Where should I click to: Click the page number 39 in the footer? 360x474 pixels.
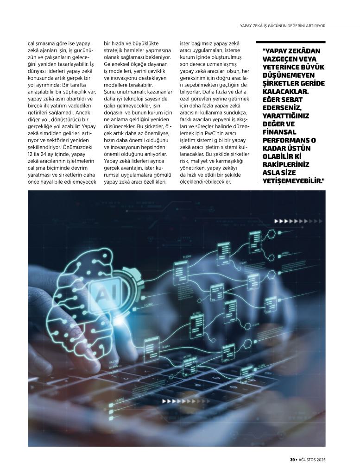pyautogui.click(x=293, y=460)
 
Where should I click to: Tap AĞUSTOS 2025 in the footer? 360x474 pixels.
pyautogui.click(x=313, y=460)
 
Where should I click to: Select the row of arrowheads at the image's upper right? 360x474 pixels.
pyautogui.click(x=289, y=222)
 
